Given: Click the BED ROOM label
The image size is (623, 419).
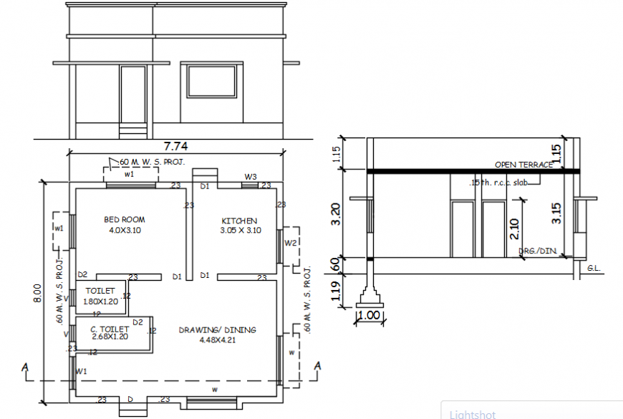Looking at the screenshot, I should coord(125,220).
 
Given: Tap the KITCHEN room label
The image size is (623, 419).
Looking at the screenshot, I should coord(239,221).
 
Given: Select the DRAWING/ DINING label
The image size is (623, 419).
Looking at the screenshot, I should coord(217,330).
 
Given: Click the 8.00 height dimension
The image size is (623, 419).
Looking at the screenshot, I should coord(37,294).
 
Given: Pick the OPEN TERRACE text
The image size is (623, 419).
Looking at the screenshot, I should coord(523,165).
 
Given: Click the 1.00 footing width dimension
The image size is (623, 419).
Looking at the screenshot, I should coord(369,315).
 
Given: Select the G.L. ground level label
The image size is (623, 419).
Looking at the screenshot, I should coord(593,267).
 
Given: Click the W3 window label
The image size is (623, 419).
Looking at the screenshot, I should coord(251,176).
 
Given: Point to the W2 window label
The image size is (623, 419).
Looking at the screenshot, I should coord(290,244).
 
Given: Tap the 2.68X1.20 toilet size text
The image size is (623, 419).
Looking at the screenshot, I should coord(109,336).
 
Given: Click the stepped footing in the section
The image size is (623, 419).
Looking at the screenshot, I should coord(370,294).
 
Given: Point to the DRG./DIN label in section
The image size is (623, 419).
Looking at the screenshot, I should coord(536,251).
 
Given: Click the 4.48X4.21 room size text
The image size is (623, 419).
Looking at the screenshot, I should coord(217,339).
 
